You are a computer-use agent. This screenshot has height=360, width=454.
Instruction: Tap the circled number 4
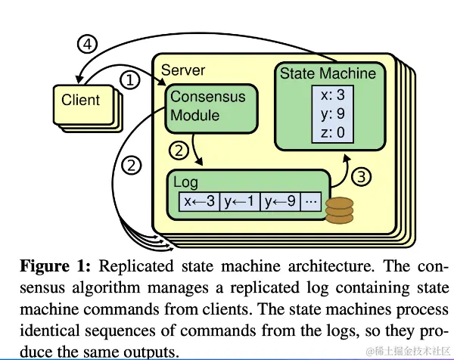(89, 45)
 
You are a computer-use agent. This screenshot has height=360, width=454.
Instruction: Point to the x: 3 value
(333, 97)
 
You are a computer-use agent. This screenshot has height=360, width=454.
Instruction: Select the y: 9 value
(333, 115)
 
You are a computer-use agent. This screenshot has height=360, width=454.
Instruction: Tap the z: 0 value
(333, 133)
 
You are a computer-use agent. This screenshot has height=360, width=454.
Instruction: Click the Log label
(185, 183)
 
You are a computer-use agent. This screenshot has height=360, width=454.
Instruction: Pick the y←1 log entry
(240, 202)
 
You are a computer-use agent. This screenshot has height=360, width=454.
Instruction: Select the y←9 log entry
(280, 202)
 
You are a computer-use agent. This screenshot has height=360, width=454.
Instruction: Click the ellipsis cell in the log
(312, 202)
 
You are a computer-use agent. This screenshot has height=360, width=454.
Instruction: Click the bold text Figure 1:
(54, 267)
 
